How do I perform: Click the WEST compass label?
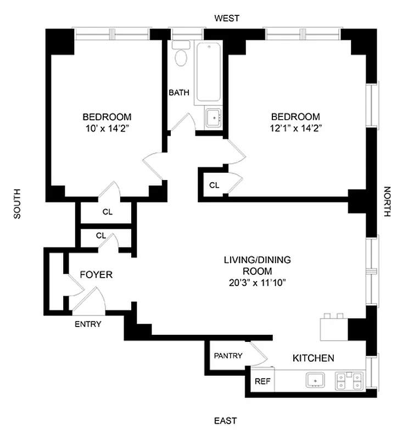coord(227,18)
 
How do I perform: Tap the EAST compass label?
coord(225,421)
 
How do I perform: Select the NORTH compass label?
coord(387,202)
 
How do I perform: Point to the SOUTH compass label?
coord(16,204)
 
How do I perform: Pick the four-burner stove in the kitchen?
coord(349,380)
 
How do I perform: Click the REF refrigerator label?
coord(262,381)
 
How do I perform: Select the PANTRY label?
coord(228,356)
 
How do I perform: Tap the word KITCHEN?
coord(313,358)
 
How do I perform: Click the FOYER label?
coord(96,274)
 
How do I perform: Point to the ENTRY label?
coord(88,324)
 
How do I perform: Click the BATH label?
coord(178,93)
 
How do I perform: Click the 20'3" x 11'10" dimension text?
coord(257,283)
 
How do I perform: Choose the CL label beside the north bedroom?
coord(214,185)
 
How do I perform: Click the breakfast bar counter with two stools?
coord(334,328)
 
